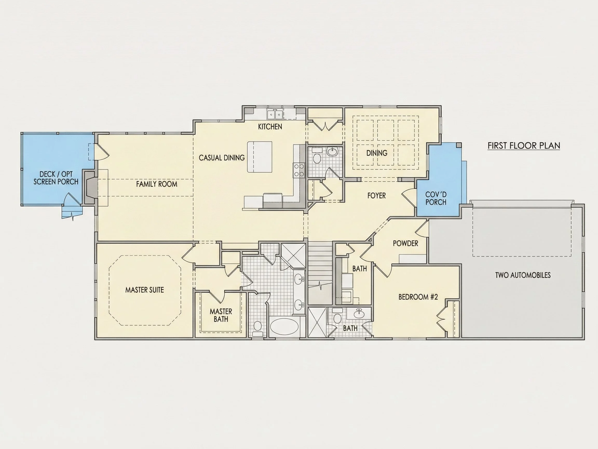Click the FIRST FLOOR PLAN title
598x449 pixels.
pos(524,146)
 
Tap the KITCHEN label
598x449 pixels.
pos(270,127)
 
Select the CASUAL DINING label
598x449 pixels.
pos(222,158)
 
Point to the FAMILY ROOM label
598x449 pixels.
pos(157,184)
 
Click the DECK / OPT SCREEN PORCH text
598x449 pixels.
pos(56,178)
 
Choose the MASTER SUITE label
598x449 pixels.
pos(145,290)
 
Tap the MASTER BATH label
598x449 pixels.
pos(221,315)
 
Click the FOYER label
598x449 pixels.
pos(377,196)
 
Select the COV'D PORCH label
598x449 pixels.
pos(436,198)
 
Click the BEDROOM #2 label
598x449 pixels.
pos(418,297)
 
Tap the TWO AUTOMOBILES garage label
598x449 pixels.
pos(523,275)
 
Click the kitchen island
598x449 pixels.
pos(260,157)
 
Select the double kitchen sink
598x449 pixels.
pos(275,114)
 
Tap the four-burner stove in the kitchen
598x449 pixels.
pos(299,170)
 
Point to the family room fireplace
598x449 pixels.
pos(90,187)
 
